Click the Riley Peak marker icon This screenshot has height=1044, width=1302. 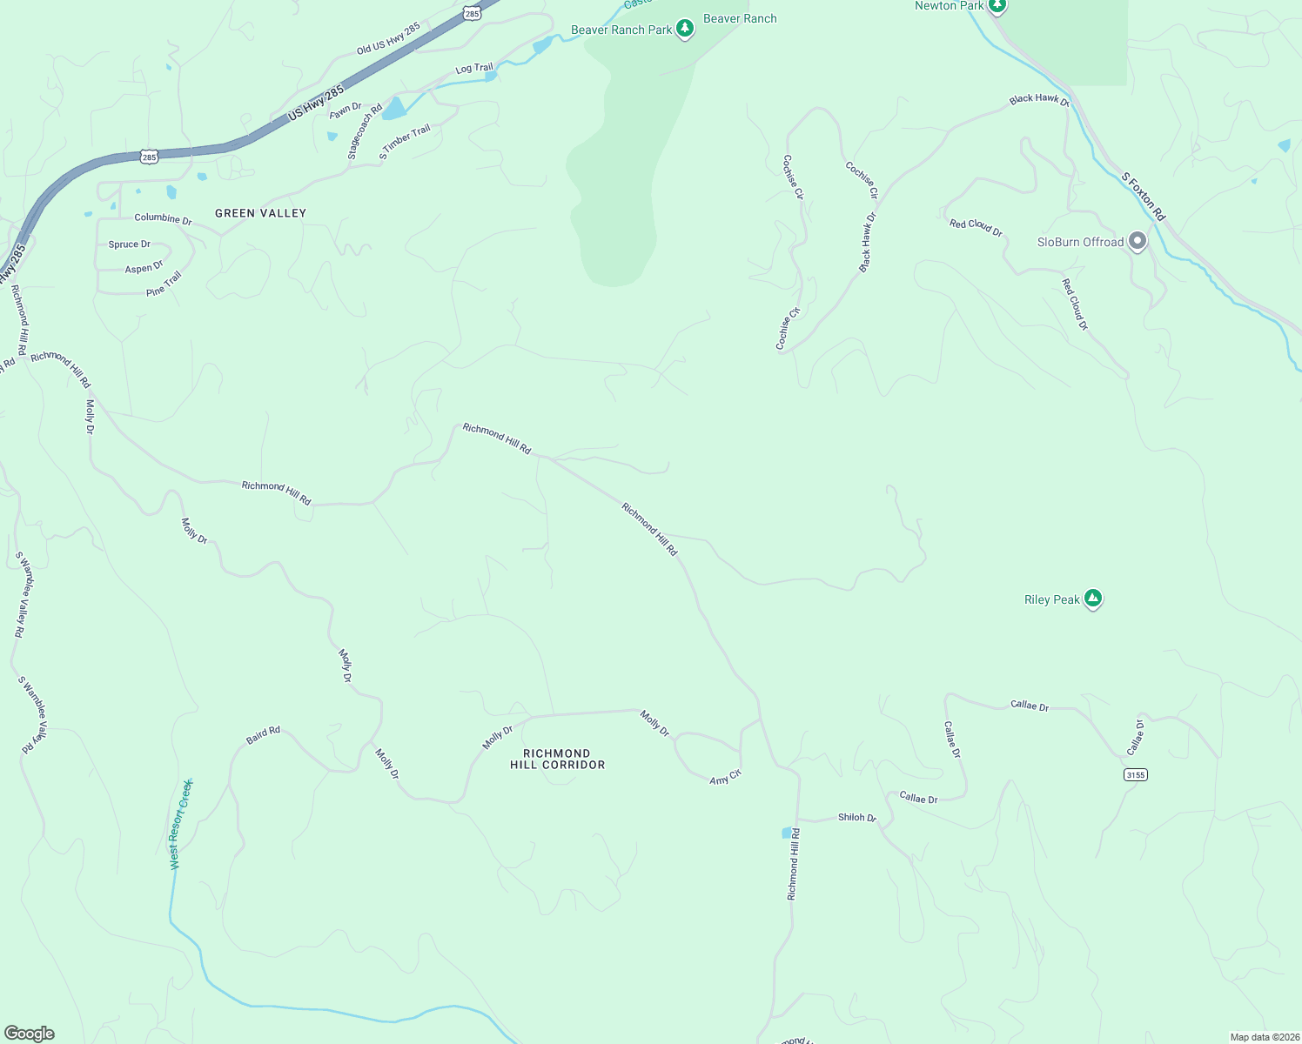pyautogui.click(x=1093, y=599)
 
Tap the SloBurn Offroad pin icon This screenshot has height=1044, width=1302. pyautogui.click(x=1137, y=241)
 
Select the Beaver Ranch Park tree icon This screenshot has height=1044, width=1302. pyautogui.click(x=685, y=29)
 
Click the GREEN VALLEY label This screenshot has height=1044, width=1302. pyautogui.click(x=261, y=213)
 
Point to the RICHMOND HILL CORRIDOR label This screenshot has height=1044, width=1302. pyautogui.click(x=557, y=759)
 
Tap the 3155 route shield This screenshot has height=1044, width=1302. pyautogui.click(x=1135, y=774)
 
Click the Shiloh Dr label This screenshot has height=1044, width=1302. pyautogui.click(x=856, y=818)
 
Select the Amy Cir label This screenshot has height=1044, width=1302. pyautogui.click(x=725, y=777)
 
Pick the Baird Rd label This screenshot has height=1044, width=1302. pyautogui.click(x=263, y=735)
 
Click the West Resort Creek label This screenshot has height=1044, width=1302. pyautogui.click(x=180, y=824)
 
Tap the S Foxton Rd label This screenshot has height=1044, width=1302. pyautogui.click(x=1143, y=197)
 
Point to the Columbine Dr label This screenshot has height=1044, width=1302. pyautogui.click(x=163, y=218)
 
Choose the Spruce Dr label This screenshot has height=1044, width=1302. pyautogui.click(x=129, y=244)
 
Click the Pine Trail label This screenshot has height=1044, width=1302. pyautogui.click(x=164, y=284)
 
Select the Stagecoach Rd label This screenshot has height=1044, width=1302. pyautogui.click(x=365, y=132)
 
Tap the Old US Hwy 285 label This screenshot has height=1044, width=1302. pyautogui.click(x=388, y=39)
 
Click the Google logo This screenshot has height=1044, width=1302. pyautogui.click(x=30, y=1034)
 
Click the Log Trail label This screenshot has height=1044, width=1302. pyautogui.click(x=473, y=68)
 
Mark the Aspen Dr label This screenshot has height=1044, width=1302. pyautogui.click(x=144, y=268)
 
